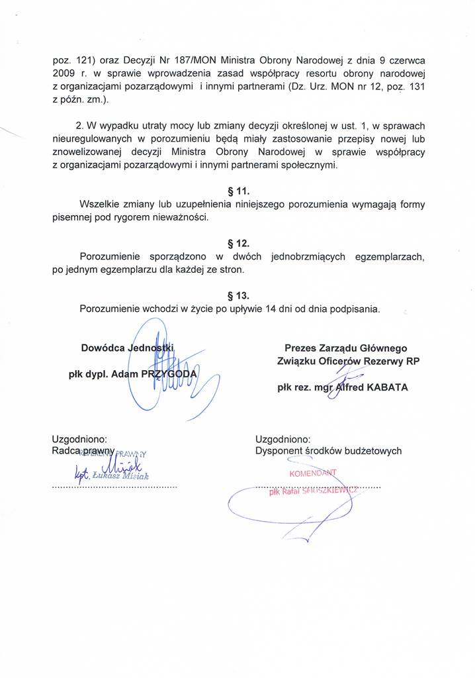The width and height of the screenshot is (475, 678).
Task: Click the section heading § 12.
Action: (x=237, y=244)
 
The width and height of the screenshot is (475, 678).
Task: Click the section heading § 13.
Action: (x=237, y=295)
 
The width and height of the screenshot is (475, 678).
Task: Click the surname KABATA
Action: (x=384, y=388)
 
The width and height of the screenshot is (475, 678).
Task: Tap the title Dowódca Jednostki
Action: (x=127, y=348)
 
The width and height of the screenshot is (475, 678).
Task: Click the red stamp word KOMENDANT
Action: (x=314, y=473)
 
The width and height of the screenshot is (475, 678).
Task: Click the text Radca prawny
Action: (x=84, y=451)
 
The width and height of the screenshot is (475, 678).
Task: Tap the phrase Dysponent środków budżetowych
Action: (x=328, y=451)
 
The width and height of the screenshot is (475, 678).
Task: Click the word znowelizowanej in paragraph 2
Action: (x=87, y=152)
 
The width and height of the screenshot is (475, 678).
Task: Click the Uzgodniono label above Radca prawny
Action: (x=79, y=438)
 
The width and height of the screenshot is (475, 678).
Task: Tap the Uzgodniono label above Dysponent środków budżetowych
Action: (x=282, y=438)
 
